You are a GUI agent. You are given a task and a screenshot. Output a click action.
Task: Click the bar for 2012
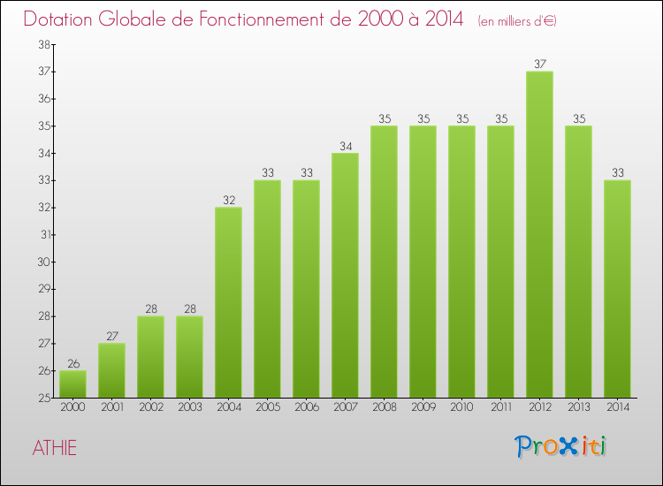coord(539,234)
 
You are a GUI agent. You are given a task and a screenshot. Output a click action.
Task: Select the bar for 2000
coord(72,384)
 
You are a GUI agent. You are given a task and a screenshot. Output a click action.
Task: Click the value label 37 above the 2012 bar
coord(539,64)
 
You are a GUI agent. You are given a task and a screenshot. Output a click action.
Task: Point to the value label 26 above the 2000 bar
coord(72,363)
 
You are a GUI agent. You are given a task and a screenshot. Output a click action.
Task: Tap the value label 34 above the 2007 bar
coord(345,146)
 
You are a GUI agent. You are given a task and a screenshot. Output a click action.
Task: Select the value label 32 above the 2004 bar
coord(228,200)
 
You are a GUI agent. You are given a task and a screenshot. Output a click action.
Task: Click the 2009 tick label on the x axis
coord(423,406)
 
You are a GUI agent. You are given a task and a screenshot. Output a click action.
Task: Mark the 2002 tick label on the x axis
coord(150,406)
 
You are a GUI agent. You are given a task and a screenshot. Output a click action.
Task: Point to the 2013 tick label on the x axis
coord(578,406)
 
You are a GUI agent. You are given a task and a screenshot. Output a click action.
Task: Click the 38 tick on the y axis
coord(42,44)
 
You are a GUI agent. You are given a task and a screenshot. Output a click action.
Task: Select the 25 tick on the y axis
coord(42,398)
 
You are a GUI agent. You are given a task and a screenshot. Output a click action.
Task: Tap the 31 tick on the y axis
coord(42,235)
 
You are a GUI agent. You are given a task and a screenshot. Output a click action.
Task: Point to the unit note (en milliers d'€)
coord(517,21)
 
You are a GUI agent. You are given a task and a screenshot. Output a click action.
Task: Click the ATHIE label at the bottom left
coord(55,448)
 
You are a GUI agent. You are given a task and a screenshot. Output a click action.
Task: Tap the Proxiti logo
coord(560,446)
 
